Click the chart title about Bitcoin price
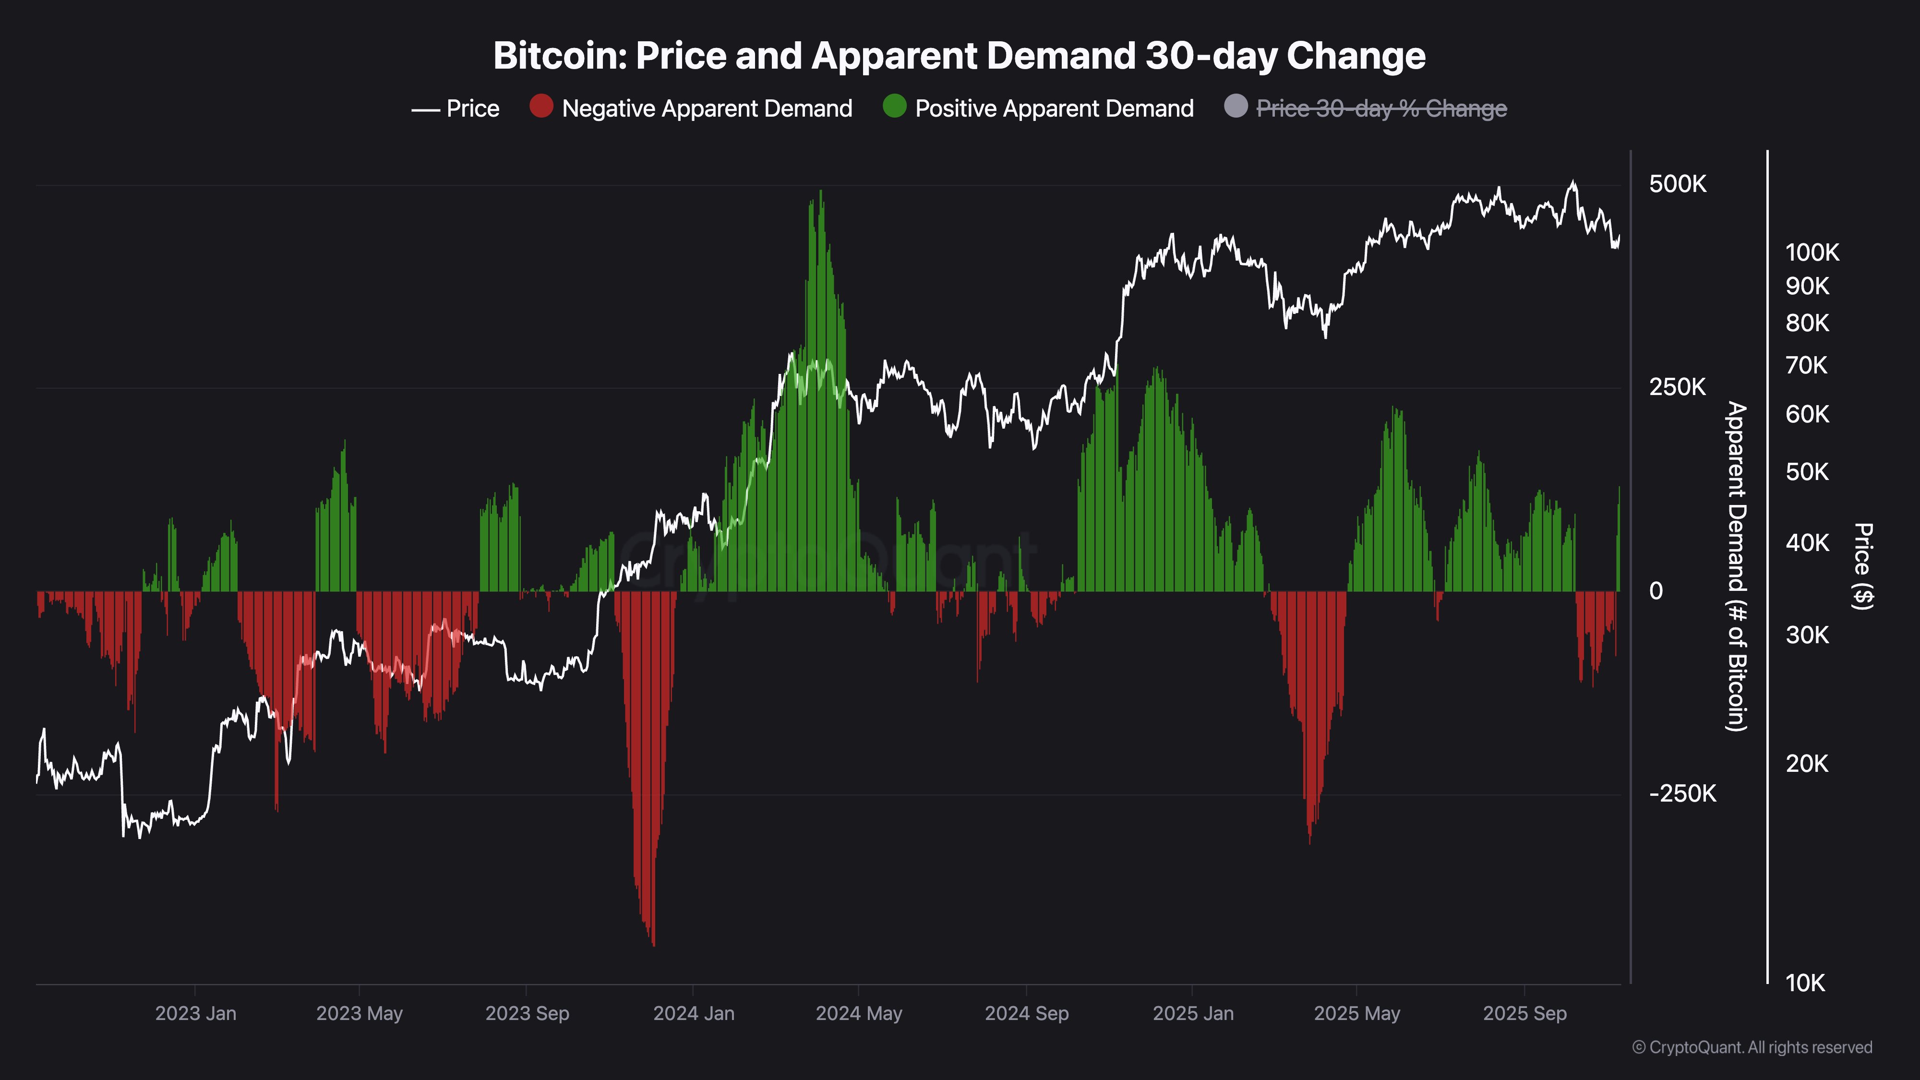pyautogui.click(x=959, y=56)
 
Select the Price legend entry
pyautogui.click(x=456, y=109)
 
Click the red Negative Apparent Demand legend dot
pyautogui.click(x=541, y=107)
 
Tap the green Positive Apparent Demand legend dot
pyautogui.click(x=894, y=107)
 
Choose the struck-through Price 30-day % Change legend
pyautogui.click(x=1381, y=109)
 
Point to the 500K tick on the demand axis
pyautogui.click(x=1677, y=184)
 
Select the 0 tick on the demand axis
pyautogui.click(x=1656, y=591)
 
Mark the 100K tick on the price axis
pyautogui.click(x=1812, y=252)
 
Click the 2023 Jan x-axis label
pyautogui.click(x=195, y=1014)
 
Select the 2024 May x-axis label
pyautogui.click(x=859, y=1014)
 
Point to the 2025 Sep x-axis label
pyautogui.click(x=1524, y=1014)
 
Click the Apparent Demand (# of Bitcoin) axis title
pyautogui.click(x=1737, y=566)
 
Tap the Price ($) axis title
pyautogui.click(x=1862, y=566)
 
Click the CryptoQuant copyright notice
pyautogui.click(x=1752, y=1047)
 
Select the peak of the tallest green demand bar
pyautogui.click(x=821, y=191)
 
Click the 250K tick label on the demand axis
pyautogui.click(x=1677, y=387)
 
